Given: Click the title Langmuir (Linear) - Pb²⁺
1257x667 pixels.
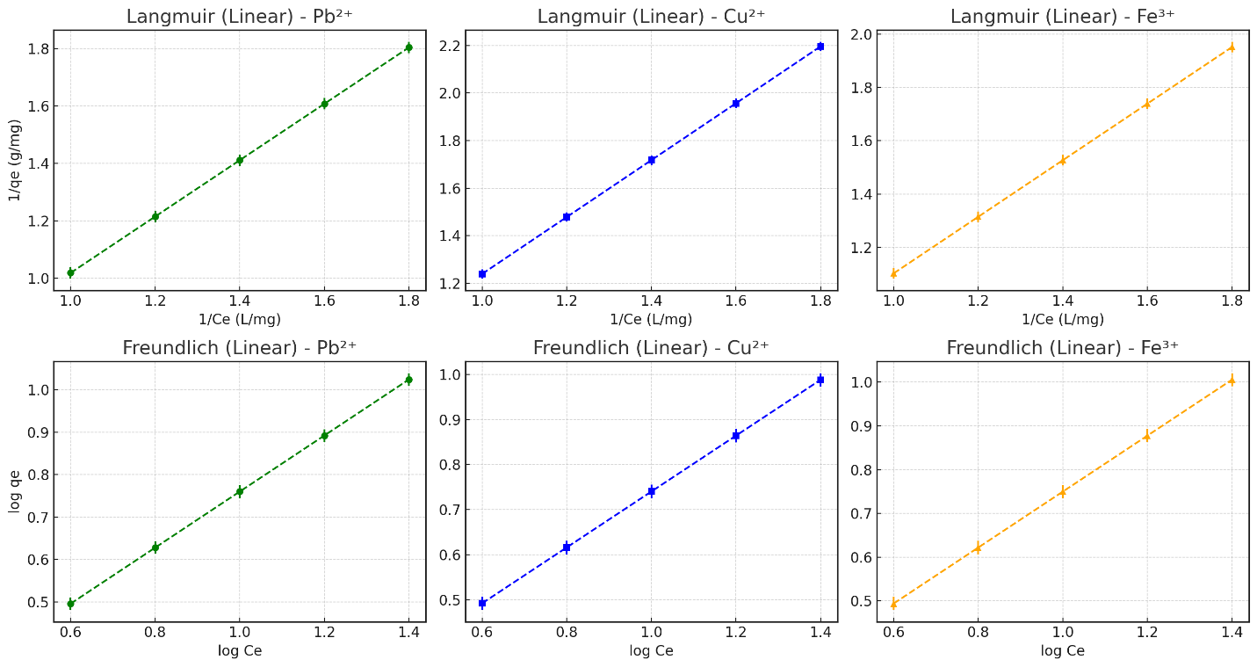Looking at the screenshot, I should pos(239,17).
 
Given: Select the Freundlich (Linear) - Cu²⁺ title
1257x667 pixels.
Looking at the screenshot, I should pos(651,348).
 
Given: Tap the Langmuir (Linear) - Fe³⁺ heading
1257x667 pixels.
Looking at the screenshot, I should pos(1062,17).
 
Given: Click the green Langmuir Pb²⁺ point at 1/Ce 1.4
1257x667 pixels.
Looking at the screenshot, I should pos(239,160).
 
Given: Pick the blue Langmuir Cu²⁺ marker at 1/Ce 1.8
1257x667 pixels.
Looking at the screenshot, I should pos(820,47).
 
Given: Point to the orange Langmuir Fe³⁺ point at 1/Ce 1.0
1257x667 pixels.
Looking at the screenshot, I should pos(893,273).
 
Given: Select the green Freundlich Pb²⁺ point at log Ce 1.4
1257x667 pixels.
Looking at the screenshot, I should pos(408,380).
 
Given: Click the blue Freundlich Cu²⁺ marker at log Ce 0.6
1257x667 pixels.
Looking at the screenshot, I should pos(482,603).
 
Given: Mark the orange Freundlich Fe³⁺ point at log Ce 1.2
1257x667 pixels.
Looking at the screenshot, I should pos(1146,435).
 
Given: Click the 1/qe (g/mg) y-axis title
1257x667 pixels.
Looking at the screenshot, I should pos(15,161).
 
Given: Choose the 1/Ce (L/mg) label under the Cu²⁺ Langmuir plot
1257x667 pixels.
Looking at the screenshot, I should pos(651,319).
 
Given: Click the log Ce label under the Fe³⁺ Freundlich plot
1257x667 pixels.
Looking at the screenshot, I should pos(1062,650).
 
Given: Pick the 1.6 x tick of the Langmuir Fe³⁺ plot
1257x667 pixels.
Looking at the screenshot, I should pos(1146,301).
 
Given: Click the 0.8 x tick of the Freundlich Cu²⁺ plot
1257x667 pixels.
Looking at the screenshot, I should pos(567,632).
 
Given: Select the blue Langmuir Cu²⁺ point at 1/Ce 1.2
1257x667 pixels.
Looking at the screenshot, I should pos(567,216).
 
